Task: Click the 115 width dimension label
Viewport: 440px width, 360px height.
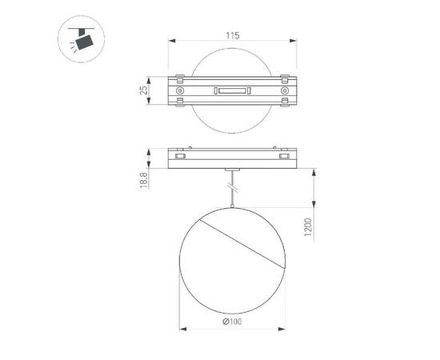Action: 232,36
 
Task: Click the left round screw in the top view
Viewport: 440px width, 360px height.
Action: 181,93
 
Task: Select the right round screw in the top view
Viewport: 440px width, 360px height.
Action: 284,93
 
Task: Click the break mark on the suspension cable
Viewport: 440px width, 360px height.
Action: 232,189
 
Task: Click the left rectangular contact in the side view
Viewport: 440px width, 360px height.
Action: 181,158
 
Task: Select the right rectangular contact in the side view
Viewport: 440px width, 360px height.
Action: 283,158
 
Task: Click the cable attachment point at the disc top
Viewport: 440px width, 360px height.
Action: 232,207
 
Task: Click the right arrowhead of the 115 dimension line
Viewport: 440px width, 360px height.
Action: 294,42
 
